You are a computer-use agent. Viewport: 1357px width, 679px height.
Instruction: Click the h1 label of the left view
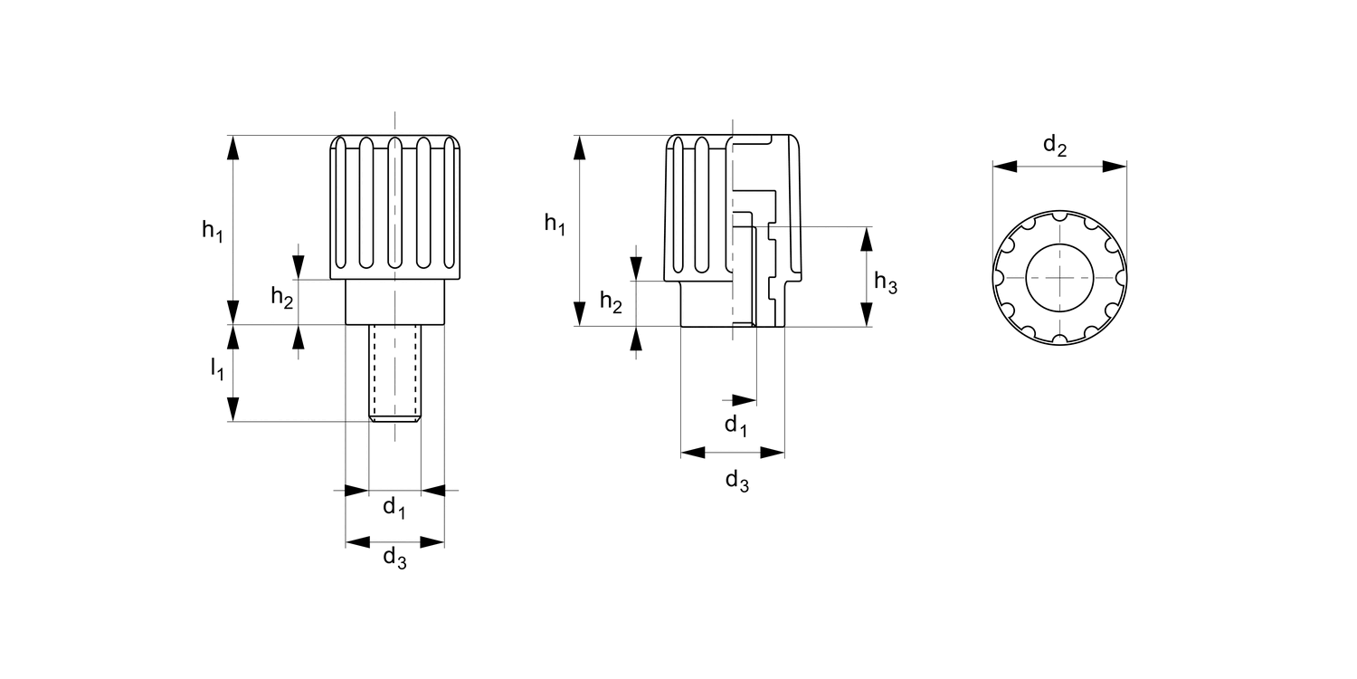(x=213, y=231)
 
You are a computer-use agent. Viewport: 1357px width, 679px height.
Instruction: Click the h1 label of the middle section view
(x=555, y=225)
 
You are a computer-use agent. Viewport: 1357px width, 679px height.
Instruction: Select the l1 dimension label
(x=217, y=368)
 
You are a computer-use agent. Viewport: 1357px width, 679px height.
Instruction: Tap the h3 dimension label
(x=885, y=282)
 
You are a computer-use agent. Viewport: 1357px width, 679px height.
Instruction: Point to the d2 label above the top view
(x=1055, y=146)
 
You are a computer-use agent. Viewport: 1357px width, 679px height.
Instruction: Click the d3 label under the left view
(x=394, y=558)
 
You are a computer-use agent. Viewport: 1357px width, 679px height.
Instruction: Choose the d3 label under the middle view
(x=737, y=482)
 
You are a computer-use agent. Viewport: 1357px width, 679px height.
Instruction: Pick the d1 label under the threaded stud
(x=394, y=507)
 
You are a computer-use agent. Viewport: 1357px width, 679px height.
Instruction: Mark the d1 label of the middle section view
(x=736, y=426)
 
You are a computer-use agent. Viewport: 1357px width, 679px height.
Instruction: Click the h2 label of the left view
(x=282, y=298)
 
